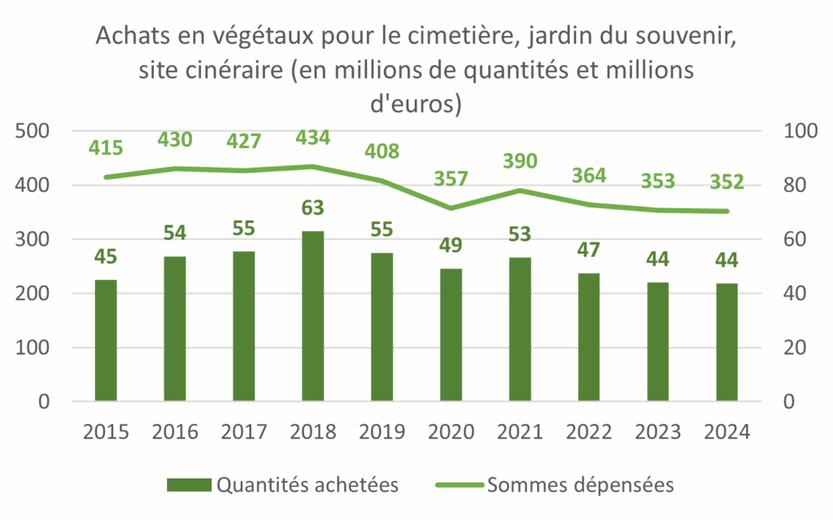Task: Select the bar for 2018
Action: (x=312, y=317)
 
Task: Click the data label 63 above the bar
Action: (x=312, y=209)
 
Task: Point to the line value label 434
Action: (x=312, y=138)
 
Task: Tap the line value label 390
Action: (x=520, y=161)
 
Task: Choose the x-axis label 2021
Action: (x=520, y=430)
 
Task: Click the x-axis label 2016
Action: (x=175, y=430)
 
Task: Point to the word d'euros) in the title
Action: (x=416, y=104)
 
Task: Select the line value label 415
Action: (x=106, y=148)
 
